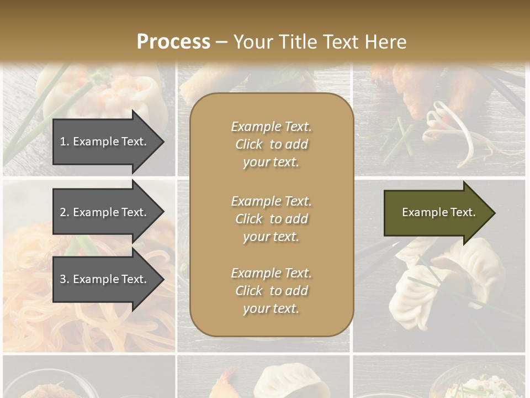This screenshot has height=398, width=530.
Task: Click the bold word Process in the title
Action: pos(173,42)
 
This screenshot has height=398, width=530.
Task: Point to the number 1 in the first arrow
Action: pos(63,142)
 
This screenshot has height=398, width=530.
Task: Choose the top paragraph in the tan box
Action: pos(271,144)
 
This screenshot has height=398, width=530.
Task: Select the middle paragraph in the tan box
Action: pos(271,219)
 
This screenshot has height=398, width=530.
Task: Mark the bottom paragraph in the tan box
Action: pos(271,291)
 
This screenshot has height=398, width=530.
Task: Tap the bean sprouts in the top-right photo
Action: pos(458,133)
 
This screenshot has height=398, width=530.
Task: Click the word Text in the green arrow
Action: pos(463,212)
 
